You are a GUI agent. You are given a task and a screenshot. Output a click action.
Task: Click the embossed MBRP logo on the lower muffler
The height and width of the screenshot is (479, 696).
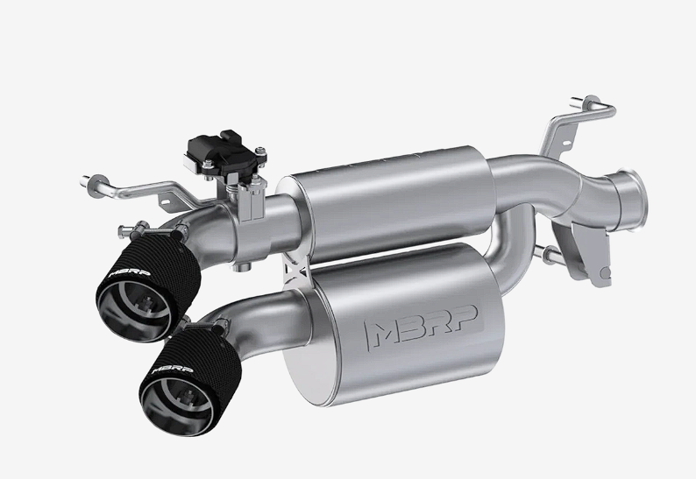(x=421, y=328)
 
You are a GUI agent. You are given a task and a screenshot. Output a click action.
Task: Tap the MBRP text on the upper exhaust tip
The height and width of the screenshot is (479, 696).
(x=129, y=272)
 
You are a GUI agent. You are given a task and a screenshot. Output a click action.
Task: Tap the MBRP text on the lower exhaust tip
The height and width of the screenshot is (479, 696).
(x=172, y=369)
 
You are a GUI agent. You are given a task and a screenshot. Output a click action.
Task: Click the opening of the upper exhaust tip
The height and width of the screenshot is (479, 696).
(x=133, y=312)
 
